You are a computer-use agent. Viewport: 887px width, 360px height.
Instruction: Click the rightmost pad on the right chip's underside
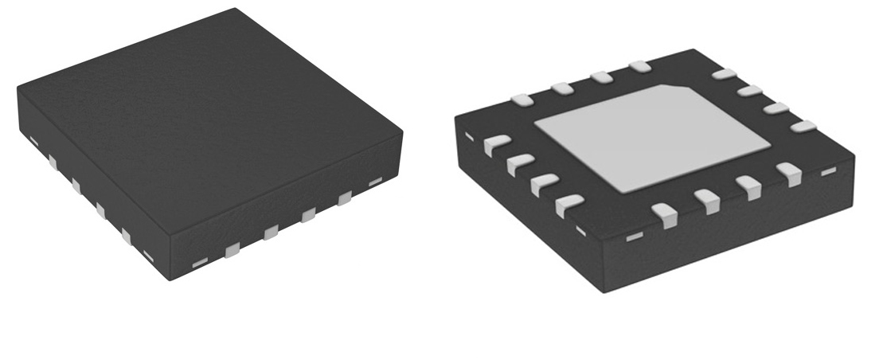[x=804, y=127]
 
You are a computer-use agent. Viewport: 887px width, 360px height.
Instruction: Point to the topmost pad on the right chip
[x=639, y=67]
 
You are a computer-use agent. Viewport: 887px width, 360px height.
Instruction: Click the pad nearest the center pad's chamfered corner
[x=639, y=67]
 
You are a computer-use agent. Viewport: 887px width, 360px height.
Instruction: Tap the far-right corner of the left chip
[x=402, y=131]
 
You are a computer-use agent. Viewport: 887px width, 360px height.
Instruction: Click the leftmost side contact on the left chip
[x=33, y=140]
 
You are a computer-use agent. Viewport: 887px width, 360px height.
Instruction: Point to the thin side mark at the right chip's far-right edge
[x=828, y=171]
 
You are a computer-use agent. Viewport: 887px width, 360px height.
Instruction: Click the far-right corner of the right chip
[x=854, y=155]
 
